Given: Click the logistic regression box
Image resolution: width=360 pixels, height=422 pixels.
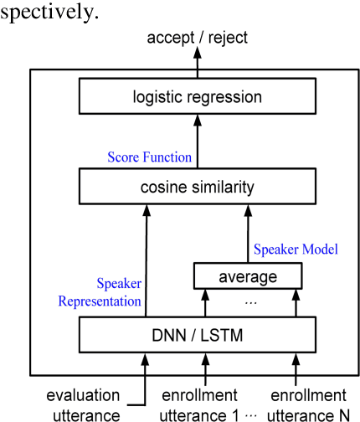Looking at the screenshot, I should [x=197, y=97].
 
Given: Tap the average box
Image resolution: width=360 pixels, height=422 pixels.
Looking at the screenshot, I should [x=247, y=275].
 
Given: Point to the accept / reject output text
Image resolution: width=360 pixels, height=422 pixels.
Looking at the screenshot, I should [x=197, y=39].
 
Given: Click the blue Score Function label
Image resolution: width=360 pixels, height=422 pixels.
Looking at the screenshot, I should [x=149, y=157].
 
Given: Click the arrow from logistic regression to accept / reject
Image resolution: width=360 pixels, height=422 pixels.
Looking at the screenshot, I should [x=197, y=60].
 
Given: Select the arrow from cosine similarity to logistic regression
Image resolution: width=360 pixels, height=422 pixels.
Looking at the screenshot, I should [x=197, y=142].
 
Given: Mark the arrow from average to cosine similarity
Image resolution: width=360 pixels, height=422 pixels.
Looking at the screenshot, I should [x=247, y=234].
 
